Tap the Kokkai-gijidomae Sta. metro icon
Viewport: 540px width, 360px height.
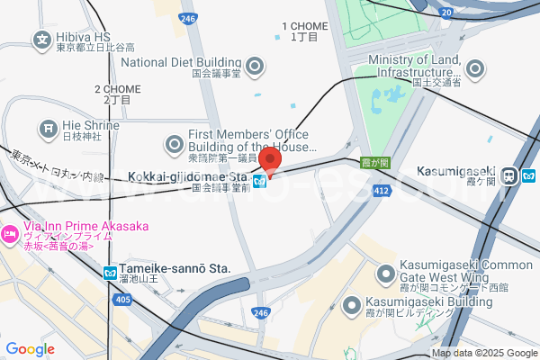[259, 181]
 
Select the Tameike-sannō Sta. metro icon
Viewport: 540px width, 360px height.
[110, 271]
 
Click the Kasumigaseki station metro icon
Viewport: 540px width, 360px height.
[510, 175]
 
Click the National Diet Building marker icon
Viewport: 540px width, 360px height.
[255, 65]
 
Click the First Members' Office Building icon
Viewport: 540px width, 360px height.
[174, 143]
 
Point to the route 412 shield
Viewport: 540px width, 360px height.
[382, 191]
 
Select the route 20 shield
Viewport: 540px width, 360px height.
[447, 12]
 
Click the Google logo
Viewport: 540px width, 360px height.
[30, 349]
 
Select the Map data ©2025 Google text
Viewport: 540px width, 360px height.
[483, 353]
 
